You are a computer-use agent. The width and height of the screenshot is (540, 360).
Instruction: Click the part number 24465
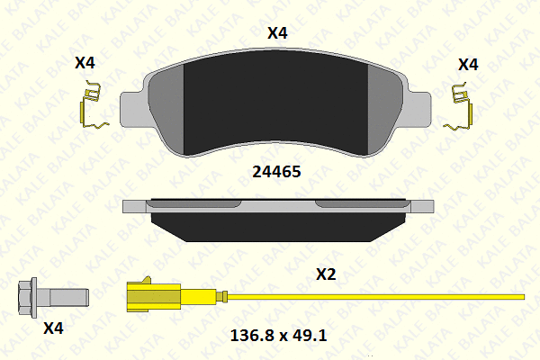[276, 172]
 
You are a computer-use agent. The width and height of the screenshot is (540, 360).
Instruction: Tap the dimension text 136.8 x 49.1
[278, 335]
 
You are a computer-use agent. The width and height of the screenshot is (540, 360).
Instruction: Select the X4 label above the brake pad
[277, 33]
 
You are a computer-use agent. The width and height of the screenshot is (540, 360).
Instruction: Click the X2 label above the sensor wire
[326, 274]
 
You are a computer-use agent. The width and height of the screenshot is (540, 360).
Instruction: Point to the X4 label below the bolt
[53, 328]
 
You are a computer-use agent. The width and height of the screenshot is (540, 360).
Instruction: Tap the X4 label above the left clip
[85, 63]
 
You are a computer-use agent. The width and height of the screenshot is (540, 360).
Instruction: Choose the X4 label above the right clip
[468, 65]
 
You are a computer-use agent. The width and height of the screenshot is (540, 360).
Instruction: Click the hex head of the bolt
[28, 298]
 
